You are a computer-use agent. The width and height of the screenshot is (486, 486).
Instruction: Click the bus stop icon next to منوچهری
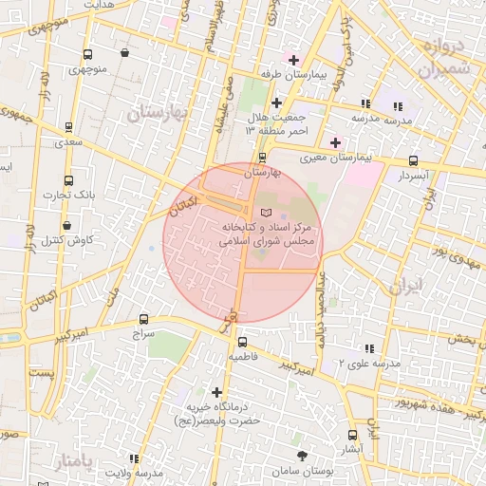(x=88, y=54)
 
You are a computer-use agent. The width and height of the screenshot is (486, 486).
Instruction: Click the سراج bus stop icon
(x=143, y=320)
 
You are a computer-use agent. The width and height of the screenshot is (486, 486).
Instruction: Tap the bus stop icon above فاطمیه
(x=242, y=342)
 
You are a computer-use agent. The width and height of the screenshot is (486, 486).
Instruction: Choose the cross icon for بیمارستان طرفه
(x=294, y=60)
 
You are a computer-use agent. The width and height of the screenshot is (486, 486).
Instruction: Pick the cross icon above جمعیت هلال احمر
(x=276, y=103)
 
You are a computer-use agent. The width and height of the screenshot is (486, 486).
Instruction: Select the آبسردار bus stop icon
(x=412, y=161)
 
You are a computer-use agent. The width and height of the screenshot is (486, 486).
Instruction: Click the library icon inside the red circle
(x=265, y=212)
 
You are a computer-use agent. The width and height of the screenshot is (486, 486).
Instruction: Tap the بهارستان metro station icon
(x=263, y=157)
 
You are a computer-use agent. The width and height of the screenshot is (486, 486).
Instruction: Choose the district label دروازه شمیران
(x=443, y=58)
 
